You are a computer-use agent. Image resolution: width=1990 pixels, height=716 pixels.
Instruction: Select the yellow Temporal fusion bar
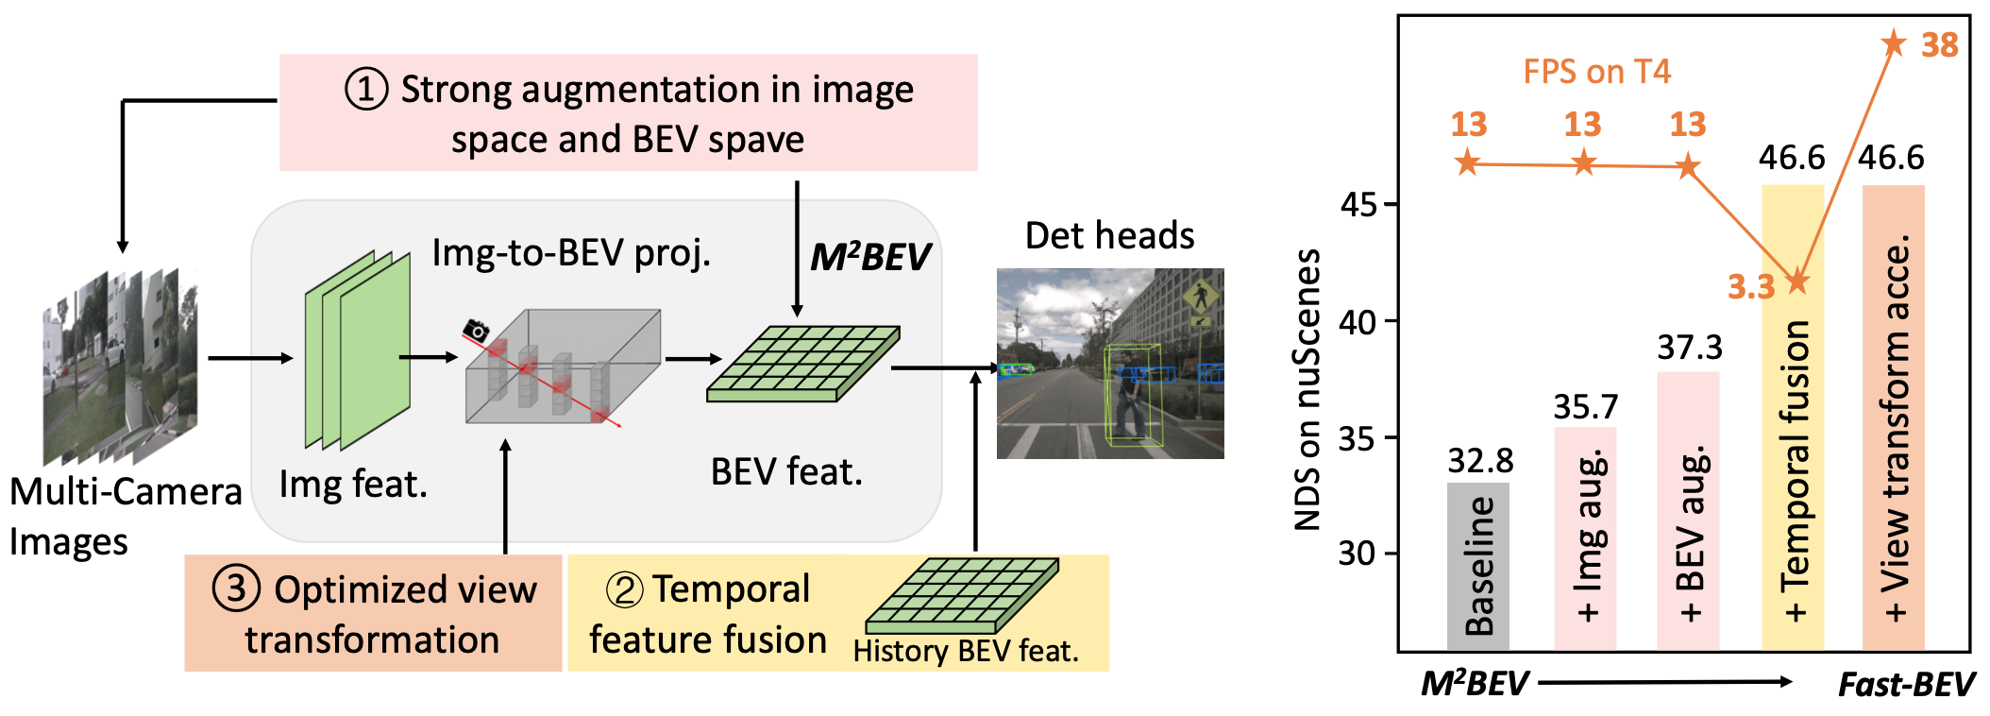tap(1792, 416)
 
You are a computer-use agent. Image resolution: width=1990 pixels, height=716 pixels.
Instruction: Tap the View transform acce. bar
tap(1893, 416)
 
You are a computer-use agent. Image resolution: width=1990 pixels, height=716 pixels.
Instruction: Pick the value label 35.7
tap(1586, 407)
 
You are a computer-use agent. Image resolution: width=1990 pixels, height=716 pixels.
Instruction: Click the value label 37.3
tap(1690, 348)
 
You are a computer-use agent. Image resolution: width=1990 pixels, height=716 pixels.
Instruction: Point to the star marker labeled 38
tap(1894, 43)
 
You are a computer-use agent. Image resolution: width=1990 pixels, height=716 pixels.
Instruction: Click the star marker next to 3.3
tap(1797, 281)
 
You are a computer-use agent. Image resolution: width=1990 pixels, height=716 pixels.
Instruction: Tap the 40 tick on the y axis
tap(1358, 322)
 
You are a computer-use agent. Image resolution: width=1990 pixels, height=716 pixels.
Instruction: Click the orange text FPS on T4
tap(1596, 72)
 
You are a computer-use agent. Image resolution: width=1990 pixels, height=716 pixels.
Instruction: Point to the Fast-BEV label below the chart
tap(1906, 684)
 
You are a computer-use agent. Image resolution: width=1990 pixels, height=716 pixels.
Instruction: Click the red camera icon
tap(477, 331)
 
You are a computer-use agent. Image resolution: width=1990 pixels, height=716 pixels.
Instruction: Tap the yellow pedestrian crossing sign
tap(1200, 298)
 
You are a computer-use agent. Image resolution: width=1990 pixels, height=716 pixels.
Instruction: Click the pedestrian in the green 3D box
tap(1131, 397)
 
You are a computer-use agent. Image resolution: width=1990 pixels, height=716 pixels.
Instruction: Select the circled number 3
tap(236, 588)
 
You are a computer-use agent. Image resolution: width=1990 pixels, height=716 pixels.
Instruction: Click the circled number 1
tap(366, 90)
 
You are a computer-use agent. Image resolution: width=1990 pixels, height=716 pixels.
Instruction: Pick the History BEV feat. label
tap(965, 651)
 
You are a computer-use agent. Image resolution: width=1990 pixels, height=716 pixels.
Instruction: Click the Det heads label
tap(1109, 235)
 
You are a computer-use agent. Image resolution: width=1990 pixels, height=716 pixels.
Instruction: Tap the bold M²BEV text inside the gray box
tap(869, 257)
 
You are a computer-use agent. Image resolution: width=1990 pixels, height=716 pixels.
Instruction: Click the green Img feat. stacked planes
tap(358, 349)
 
